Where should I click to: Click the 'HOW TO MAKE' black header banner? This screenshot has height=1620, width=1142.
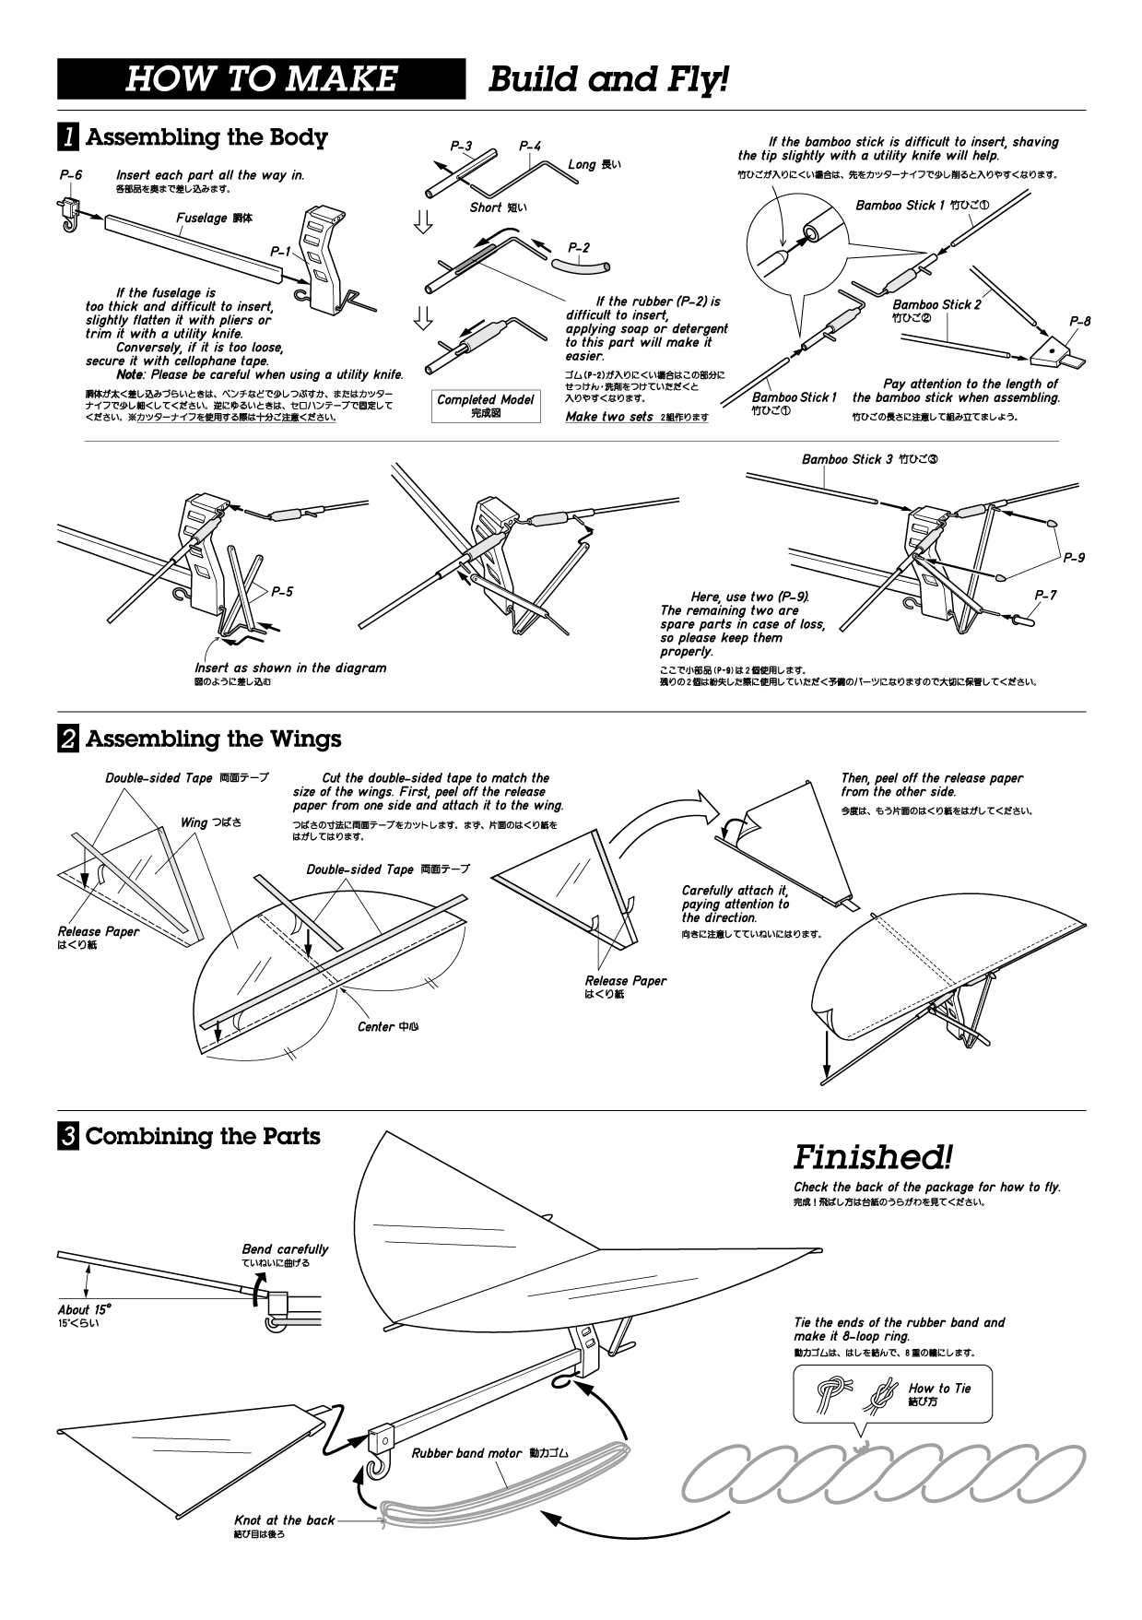point(262,79)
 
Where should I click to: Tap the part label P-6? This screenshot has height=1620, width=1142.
point(71,174)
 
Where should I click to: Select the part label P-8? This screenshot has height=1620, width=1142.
point(1080,322)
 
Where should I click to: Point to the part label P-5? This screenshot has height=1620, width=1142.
point(282,591)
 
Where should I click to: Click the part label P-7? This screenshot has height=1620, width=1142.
point(1045,596)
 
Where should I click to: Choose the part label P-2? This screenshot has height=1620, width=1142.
point(579,248)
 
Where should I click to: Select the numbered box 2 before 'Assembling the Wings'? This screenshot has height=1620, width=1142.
point(68,739)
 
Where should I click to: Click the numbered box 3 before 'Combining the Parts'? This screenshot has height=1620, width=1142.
point(68,1137)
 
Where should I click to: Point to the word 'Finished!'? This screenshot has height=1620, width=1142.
point(872,1156)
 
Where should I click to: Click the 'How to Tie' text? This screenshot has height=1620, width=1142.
point(939,1389)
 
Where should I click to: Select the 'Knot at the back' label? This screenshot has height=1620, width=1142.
point(284,1520)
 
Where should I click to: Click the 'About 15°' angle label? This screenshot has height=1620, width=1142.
point(84,1309)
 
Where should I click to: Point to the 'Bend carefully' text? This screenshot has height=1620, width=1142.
point(285,1249)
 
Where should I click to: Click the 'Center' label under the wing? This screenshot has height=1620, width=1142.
point(375,1026)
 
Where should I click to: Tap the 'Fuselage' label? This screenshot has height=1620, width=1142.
point(201,219)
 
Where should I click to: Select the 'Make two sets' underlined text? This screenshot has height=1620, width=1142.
point(609,418)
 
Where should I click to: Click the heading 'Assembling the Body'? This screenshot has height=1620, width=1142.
point(206,137)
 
